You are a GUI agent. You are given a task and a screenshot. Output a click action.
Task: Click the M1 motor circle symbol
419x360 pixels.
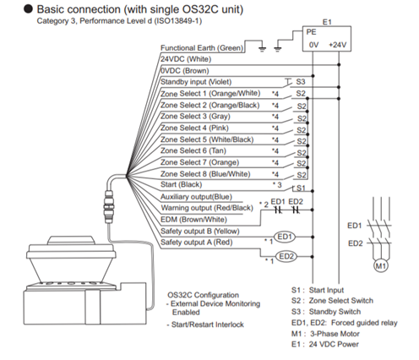coord(381,265)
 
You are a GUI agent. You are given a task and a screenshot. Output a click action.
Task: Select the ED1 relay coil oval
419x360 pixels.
coord(285,237)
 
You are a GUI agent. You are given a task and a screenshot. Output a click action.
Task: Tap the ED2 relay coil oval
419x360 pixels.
coord(286,257)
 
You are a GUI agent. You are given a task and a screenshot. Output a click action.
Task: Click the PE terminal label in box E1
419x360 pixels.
coord(311,32)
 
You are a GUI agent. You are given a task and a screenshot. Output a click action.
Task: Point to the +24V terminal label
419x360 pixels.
coord(338,45)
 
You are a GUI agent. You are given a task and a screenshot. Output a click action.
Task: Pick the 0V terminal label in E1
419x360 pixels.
coord(313,45)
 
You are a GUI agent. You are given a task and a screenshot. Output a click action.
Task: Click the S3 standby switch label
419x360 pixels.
coord(301,82)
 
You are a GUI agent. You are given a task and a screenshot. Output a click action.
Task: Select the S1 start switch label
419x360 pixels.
coord(301,188)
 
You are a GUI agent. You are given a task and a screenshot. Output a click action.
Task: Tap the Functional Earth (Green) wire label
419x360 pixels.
coord(202,48)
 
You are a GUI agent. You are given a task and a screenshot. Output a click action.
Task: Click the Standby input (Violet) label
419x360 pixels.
coord(196,82)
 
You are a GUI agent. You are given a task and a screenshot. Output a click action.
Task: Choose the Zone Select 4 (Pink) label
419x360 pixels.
coord(194,128)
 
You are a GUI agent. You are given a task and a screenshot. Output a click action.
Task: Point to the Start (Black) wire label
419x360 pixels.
coord(182,184)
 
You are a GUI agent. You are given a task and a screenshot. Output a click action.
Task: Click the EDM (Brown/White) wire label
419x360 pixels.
coord(193,220)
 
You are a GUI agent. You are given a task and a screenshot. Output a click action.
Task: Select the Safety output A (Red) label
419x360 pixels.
coord(197,243)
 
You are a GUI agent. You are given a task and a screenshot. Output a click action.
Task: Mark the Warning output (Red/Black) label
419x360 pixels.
coord(207,208)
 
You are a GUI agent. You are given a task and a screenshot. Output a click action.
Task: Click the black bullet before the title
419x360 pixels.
coord(28,9)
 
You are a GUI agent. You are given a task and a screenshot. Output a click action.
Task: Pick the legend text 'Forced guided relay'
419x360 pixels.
coord(364,323)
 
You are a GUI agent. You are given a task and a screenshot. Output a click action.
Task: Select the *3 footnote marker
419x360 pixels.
coord(277,185)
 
